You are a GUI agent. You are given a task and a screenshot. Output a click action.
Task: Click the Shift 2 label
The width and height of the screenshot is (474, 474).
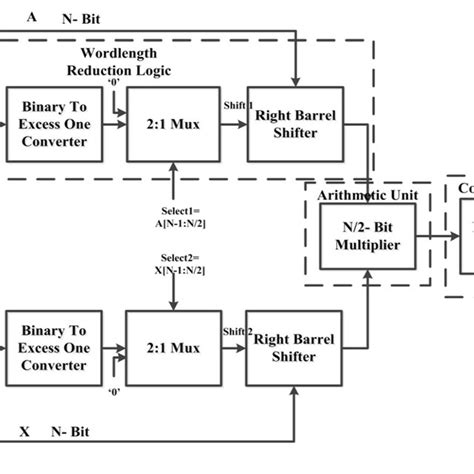(x=238, y=331)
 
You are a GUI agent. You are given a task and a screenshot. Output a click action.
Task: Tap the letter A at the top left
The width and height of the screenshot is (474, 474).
(x=32, y=17)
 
